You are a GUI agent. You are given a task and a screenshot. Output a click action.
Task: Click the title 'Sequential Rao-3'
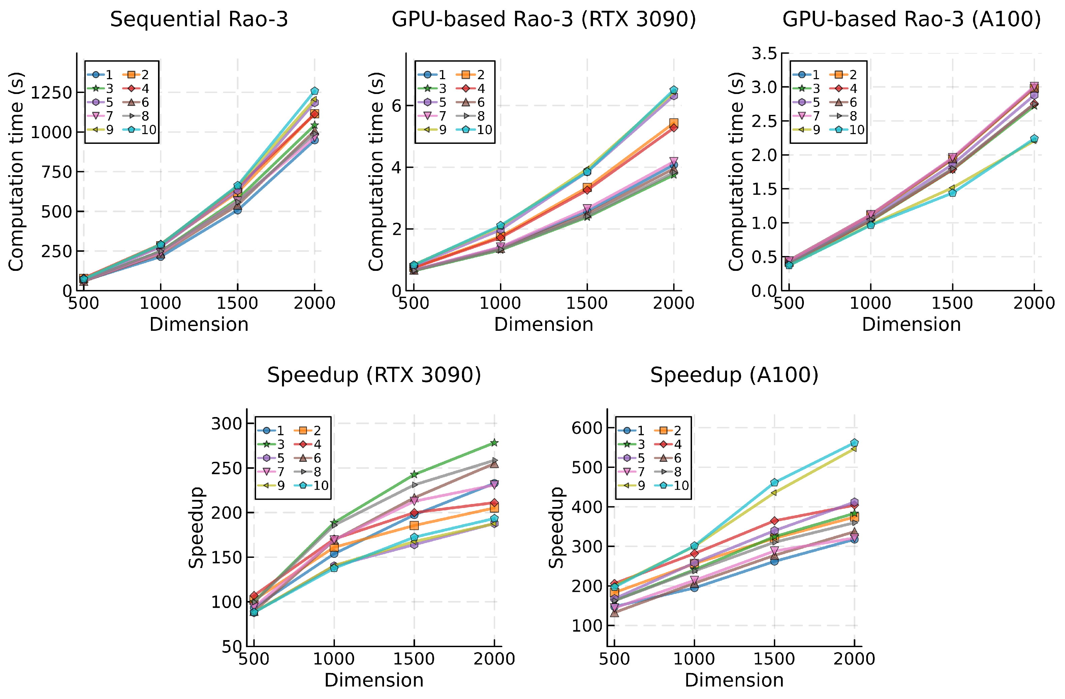199,20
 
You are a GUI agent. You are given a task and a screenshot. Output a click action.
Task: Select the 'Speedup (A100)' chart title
734,375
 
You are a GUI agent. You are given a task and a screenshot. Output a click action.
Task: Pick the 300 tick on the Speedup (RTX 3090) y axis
226,423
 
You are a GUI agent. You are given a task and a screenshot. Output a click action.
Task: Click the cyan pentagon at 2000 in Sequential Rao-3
315,91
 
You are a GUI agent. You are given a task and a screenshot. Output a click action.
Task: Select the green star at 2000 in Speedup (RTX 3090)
494,443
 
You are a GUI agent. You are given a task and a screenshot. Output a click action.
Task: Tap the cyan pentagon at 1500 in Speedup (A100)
774,482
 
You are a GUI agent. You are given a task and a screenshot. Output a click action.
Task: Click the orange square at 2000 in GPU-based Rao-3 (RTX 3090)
674,123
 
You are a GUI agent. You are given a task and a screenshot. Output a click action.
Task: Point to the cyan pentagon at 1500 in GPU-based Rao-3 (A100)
952,193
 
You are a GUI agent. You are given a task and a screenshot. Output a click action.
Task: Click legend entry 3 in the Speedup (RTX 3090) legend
274,444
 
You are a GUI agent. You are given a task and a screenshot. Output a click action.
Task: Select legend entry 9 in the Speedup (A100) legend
634,485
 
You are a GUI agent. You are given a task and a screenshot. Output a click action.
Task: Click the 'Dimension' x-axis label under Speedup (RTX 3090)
374,680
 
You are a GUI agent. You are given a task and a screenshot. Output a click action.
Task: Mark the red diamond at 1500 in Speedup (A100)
774,521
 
